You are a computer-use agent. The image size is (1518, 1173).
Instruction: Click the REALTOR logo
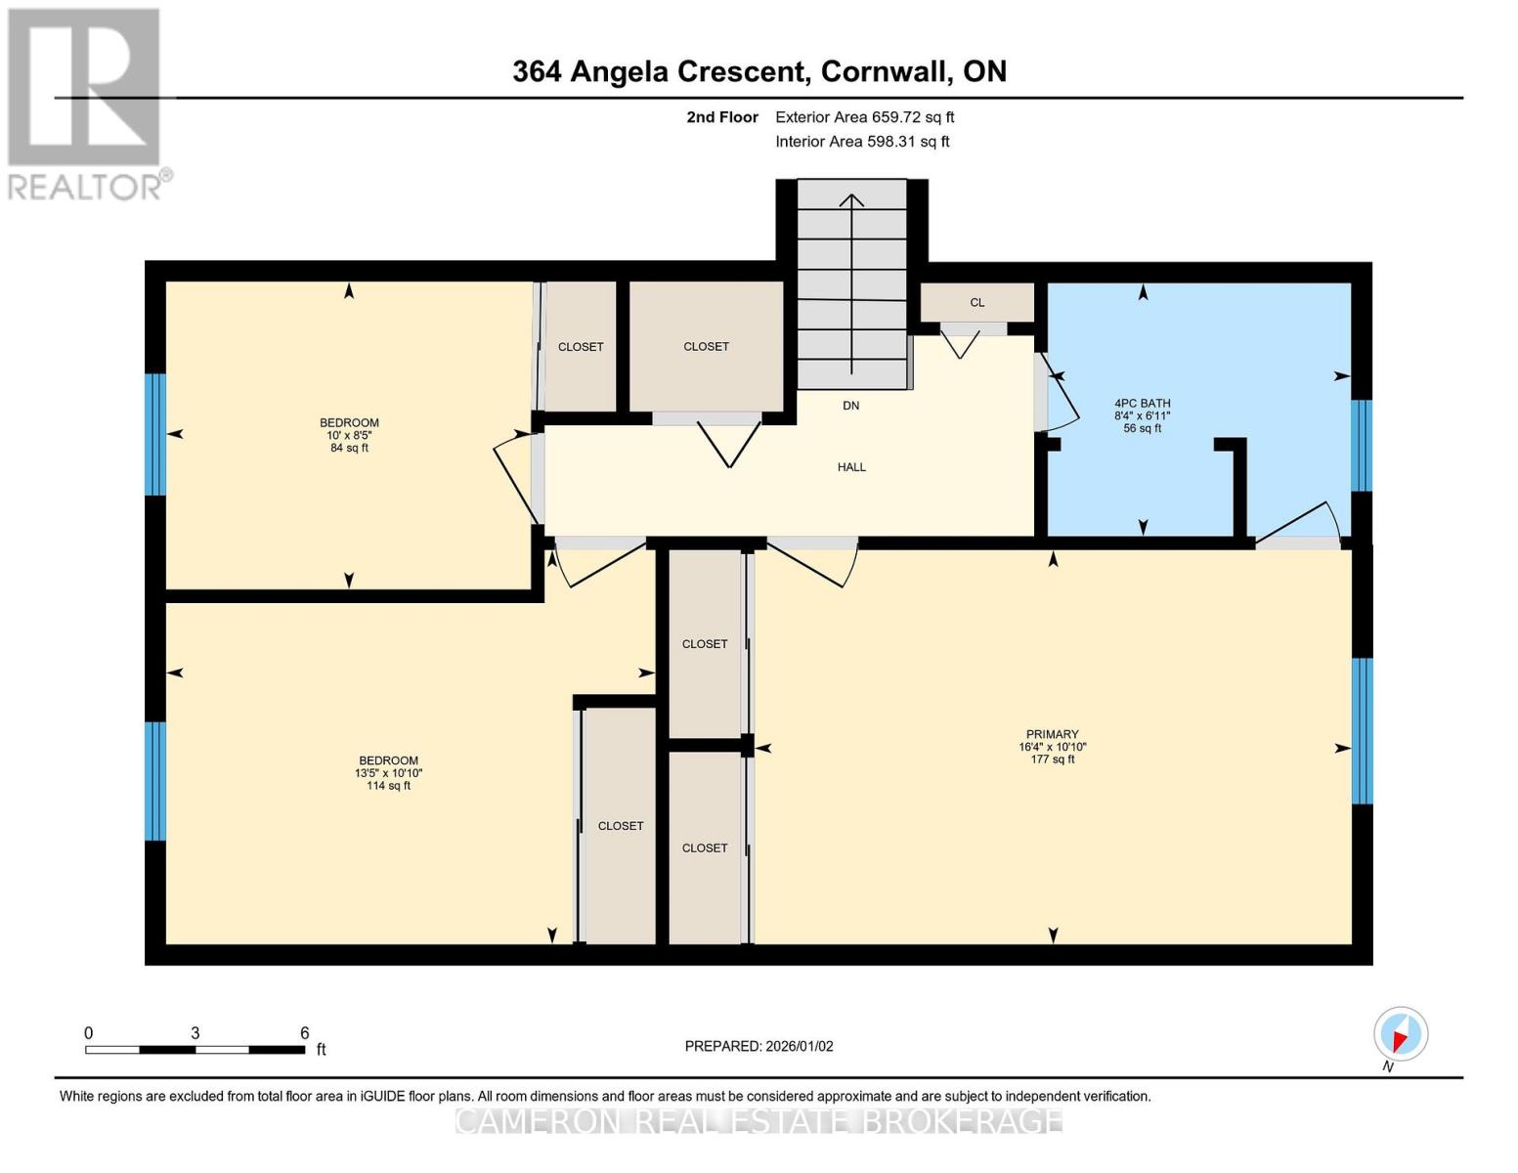coord(85,104)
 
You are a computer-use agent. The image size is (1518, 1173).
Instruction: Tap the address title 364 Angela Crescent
coord(759,71)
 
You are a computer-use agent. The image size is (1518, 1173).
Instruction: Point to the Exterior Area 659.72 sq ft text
coord(864,117)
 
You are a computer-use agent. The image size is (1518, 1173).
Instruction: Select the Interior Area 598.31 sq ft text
coord(862,142)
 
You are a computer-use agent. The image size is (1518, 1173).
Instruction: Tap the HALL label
coord(851,467)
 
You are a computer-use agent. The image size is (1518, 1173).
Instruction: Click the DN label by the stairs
coord(850,406)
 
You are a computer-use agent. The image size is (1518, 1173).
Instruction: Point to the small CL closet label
coord(976,303)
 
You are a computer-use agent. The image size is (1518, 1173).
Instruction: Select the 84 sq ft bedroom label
coord(349,435)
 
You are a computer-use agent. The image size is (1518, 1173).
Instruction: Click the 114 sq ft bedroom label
coord(388,772)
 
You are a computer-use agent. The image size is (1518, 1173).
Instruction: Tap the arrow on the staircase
coord(851,283)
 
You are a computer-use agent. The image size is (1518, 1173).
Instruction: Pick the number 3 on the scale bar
coord(195,1033)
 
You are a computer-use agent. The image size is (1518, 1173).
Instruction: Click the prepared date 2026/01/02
coord(759,1046)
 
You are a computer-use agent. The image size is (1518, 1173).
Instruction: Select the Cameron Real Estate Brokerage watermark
coord(759,1120)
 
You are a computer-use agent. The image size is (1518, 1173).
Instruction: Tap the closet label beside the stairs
coord(706,347)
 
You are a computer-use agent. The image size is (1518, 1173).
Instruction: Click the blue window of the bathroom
coord(1362,446)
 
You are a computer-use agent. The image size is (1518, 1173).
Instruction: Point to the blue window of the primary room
coord(1362,731)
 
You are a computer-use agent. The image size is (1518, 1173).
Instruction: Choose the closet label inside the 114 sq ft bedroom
coord(621,826)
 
